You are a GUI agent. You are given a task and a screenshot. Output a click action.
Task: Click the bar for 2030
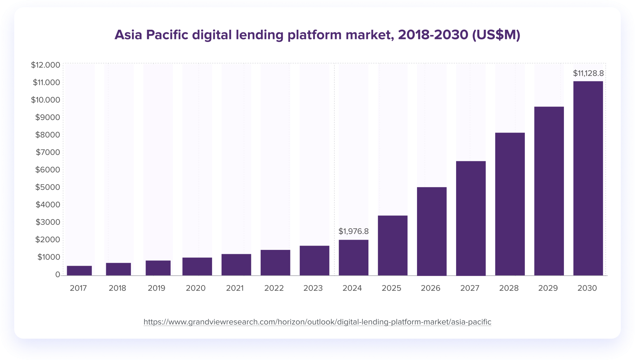pos(588,178)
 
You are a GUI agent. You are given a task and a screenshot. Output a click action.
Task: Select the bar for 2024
pos(354,258)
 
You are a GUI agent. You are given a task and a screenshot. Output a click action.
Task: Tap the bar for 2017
pos(79,270)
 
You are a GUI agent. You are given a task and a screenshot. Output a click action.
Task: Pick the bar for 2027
pos(471,218)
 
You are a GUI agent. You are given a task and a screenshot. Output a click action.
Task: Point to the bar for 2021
pos(236,264)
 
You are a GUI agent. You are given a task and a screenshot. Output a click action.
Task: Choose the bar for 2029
pos(549,191)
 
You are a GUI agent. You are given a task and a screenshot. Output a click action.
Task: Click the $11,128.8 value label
pos(588,73)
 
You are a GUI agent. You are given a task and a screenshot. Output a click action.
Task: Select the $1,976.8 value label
pos(353,231)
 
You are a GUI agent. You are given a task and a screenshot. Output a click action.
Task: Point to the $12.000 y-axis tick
pos(46,65)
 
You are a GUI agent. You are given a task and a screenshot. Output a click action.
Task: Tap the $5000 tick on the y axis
pos(48,187)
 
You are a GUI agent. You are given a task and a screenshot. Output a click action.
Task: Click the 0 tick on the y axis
pos(58,274)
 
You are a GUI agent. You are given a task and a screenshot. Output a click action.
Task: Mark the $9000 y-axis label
pos(48,117)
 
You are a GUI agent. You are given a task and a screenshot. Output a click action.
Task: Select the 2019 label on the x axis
pos(156,288)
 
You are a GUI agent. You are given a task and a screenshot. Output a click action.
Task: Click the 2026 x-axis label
pos(430,288)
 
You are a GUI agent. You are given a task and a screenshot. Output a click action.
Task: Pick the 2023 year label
pos(313,288)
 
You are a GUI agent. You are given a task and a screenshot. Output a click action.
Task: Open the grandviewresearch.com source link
pos(317,322)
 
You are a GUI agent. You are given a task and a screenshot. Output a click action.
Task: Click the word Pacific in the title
pos(167,35)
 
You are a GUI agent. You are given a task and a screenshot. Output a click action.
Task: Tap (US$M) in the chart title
pos(496,35)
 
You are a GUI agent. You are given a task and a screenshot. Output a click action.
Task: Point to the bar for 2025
pos(393,245)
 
